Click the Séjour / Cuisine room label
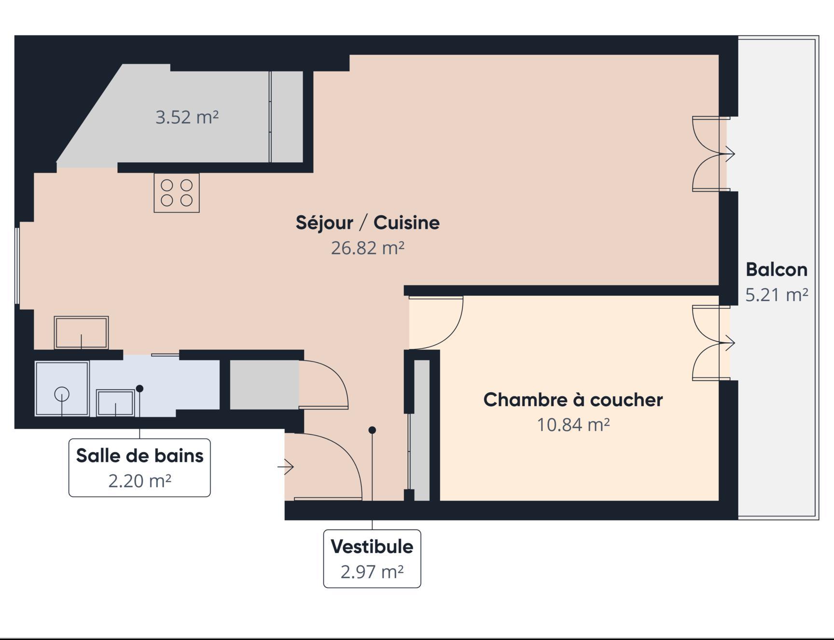pyautogui.click(x=368, y=223)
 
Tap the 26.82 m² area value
pyautogui.click(x=368, y=248)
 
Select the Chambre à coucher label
pyautogui.click(x=573, y=400)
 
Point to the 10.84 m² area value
pyautogui.click(x=573, y=425)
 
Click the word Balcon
pyautogui.click(x=777, y=269)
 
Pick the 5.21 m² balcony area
pyautogui.click(x=777, y=294)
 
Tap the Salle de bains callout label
pyautogui.click(x=140, y=456)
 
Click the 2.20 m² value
pyautogui.click(x=140, y=481)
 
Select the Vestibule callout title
pyautogui.click(x=372, y=546)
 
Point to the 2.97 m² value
pyautogui.click(x=372, y=572)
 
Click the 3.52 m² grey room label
pyautogui.click(x=187, y=117)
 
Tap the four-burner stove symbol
pyautogui.click(x=177, y=193)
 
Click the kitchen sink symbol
pyautogui.click(x=81, y=333)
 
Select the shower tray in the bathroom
pyautogui.click(x=62, y=388)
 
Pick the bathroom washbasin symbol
pyautogui.click(x=115, y=403)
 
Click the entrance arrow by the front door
pyautogui.click(x=286, y=467)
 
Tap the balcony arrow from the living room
pyautogui.click(x=726, y=154)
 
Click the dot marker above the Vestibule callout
pyautogui.click(x=372, y=430)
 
